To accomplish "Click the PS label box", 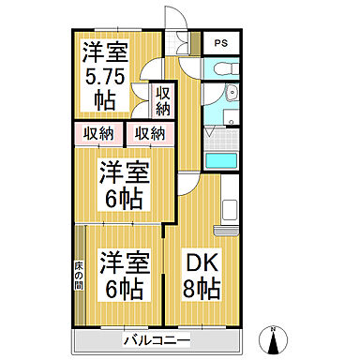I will tap(221, 43).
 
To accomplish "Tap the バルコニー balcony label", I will tap(156, 339).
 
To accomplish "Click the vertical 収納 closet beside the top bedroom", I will tap(162, 100).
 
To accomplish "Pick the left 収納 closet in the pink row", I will tap(97, 132).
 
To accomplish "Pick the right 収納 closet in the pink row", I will tap(149, 132).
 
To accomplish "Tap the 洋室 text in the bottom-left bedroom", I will tap(124, 261).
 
